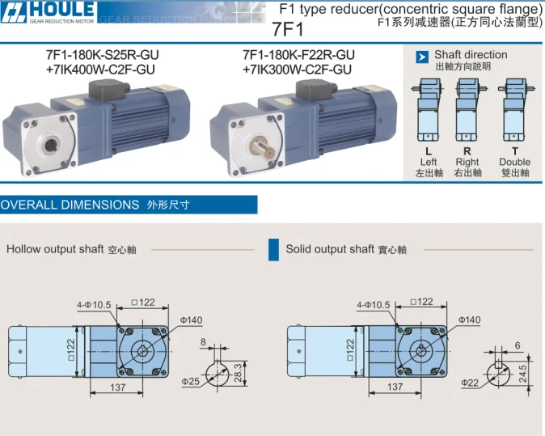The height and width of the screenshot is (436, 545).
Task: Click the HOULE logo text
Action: tap(62, 9)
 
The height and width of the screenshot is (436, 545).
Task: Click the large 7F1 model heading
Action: tap(287, 29)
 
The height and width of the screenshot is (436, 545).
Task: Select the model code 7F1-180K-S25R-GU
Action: tap(102, 55)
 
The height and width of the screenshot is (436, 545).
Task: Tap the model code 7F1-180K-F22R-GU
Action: tap(298, 55)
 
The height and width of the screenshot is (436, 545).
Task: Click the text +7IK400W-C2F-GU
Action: tap(100, 70)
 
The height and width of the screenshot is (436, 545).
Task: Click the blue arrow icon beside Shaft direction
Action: tap(422, 57)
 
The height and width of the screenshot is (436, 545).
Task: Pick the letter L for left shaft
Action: tap(429, 151)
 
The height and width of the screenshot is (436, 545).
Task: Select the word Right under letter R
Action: tap(467, 162)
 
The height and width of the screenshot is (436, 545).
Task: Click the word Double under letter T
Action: tap(515, 162)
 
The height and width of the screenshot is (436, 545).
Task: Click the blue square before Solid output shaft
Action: tap(273, 250)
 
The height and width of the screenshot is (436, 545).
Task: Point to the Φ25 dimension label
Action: tap(191, 382)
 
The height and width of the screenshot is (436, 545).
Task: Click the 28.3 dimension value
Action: tap(238, 373)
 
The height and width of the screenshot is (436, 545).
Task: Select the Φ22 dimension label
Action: tap(470, 383)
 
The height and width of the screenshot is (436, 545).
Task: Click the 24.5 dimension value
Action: tap(522, 374)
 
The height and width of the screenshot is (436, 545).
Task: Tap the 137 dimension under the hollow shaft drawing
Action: tap(118, 387)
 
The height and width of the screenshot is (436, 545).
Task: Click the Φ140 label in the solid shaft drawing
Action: tap(469, 320)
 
